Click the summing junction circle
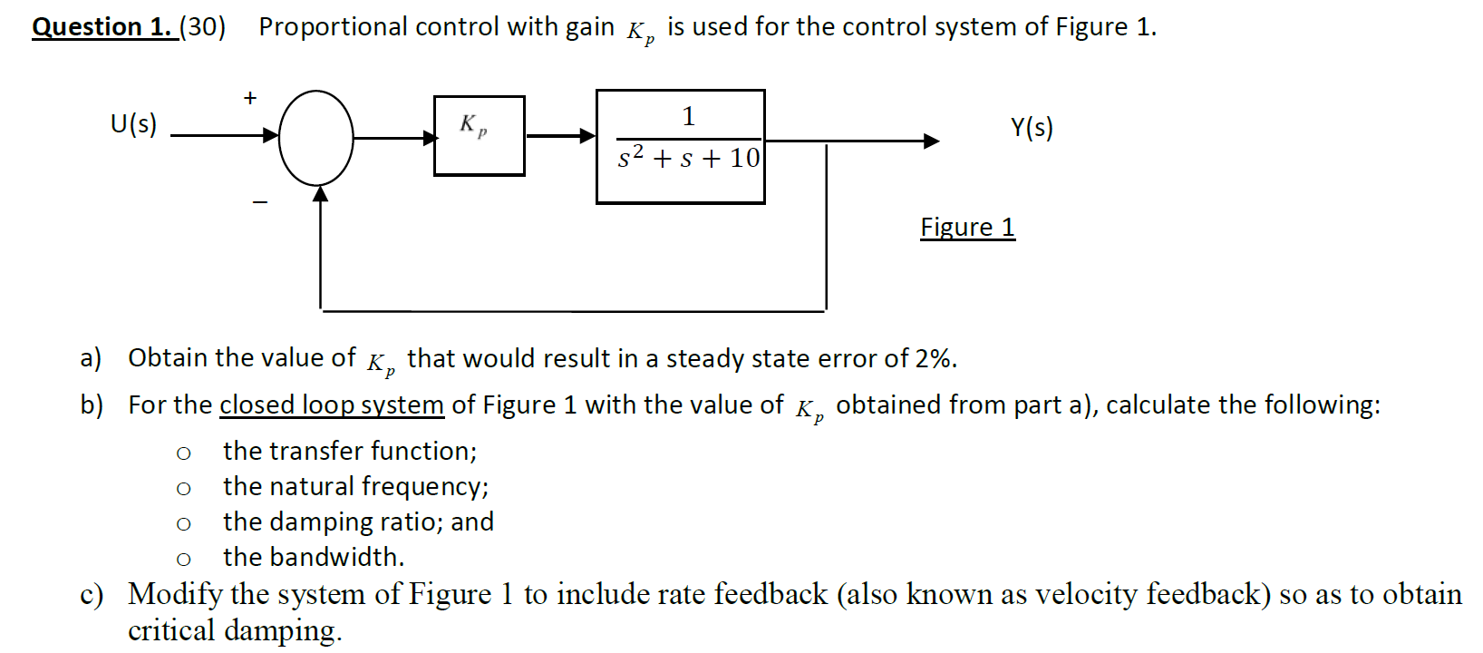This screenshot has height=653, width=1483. (315, 138)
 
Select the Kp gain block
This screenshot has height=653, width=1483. (479, 136)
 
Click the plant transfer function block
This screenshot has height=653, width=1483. (680, 147)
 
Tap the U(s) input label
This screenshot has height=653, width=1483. (133, 123)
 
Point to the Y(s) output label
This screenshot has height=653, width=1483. (1032, 127)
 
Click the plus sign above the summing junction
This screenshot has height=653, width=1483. (250, 97)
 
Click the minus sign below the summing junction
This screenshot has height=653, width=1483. (260, 201)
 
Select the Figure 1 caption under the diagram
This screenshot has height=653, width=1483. (967, 227)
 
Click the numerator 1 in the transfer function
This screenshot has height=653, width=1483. (688, 116)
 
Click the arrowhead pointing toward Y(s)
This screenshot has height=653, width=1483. (931, 141)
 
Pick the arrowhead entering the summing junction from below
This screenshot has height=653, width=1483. (320, 192)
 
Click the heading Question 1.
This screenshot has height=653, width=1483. (102, 26)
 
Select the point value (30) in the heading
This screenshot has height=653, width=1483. (202, 26)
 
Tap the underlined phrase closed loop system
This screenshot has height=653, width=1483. (332, 404)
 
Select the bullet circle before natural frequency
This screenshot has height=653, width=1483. (184, 489)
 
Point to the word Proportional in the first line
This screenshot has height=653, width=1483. (333, 27)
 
